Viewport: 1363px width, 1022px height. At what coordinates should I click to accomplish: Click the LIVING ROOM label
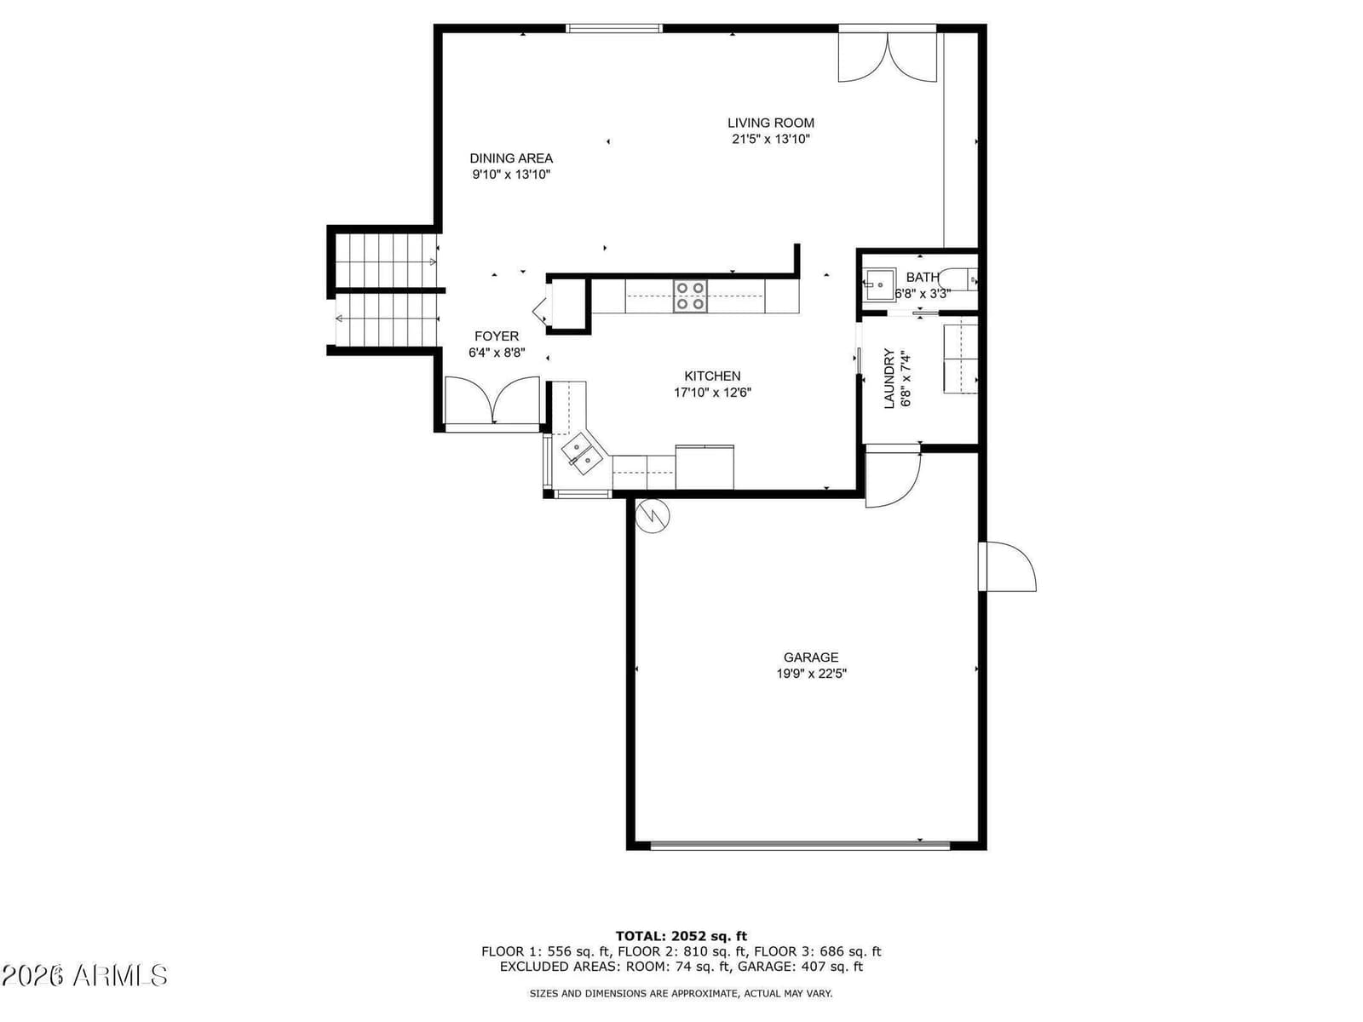tap(771, 123)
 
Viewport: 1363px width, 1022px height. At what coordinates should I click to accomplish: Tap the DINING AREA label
tap(511, 158)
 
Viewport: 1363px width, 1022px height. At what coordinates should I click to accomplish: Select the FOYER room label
tap(497, 336)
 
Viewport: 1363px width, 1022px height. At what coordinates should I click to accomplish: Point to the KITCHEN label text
tap(712, 376)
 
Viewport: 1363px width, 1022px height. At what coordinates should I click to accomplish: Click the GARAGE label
tap(811, 657)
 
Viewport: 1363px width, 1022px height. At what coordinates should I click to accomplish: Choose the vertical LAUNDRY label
tap(889, 378)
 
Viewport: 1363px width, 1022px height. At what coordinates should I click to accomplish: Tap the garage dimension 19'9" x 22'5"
tap(812, 674)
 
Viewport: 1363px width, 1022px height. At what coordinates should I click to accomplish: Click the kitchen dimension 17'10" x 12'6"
tap(713, 393)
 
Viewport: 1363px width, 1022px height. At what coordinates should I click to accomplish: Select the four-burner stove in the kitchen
tap(691, 296)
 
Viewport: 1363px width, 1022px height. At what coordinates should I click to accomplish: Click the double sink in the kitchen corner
tap(582, 453)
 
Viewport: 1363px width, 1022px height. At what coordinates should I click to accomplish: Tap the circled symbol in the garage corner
tap(653, 514)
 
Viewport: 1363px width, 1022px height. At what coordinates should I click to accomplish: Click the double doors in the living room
tap(888, 57)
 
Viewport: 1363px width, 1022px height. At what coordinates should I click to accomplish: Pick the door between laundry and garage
tap(893, 477)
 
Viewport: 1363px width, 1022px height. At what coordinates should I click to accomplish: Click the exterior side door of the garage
tap(1007, 566)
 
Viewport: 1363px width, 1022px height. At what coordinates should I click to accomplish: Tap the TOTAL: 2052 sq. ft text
tap(681, 936)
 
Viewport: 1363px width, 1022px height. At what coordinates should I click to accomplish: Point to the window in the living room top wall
tap(614, 28)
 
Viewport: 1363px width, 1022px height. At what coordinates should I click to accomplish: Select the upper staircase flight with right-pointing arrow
tap(386, 261)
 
